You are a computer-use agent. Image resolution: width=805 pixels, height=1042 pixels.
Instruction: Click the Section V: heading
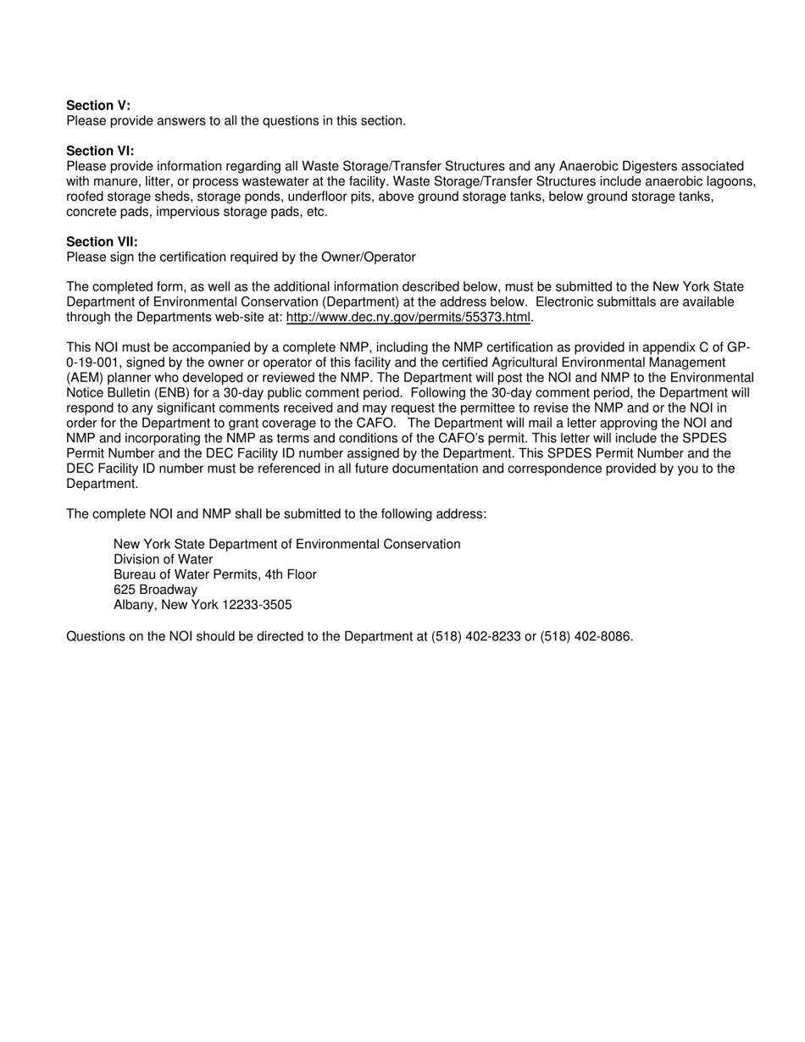point(98,105)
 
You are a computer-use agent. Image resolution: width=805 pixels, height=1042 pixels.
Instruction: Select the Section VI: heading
point(100,151)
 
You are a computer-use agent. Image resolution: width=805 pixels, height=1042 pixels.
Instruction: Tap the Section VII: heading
point(102,241)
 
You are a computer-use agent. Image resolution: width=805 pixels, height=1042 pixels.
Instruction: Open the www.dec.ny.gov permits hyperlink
point(408,318)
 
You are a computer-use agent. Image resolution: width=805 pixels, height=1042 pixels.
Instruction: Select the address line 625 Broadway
point(155,590)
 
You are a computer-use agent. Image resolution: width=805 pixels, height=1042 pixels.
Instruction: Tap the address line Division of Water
point(163,559)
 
